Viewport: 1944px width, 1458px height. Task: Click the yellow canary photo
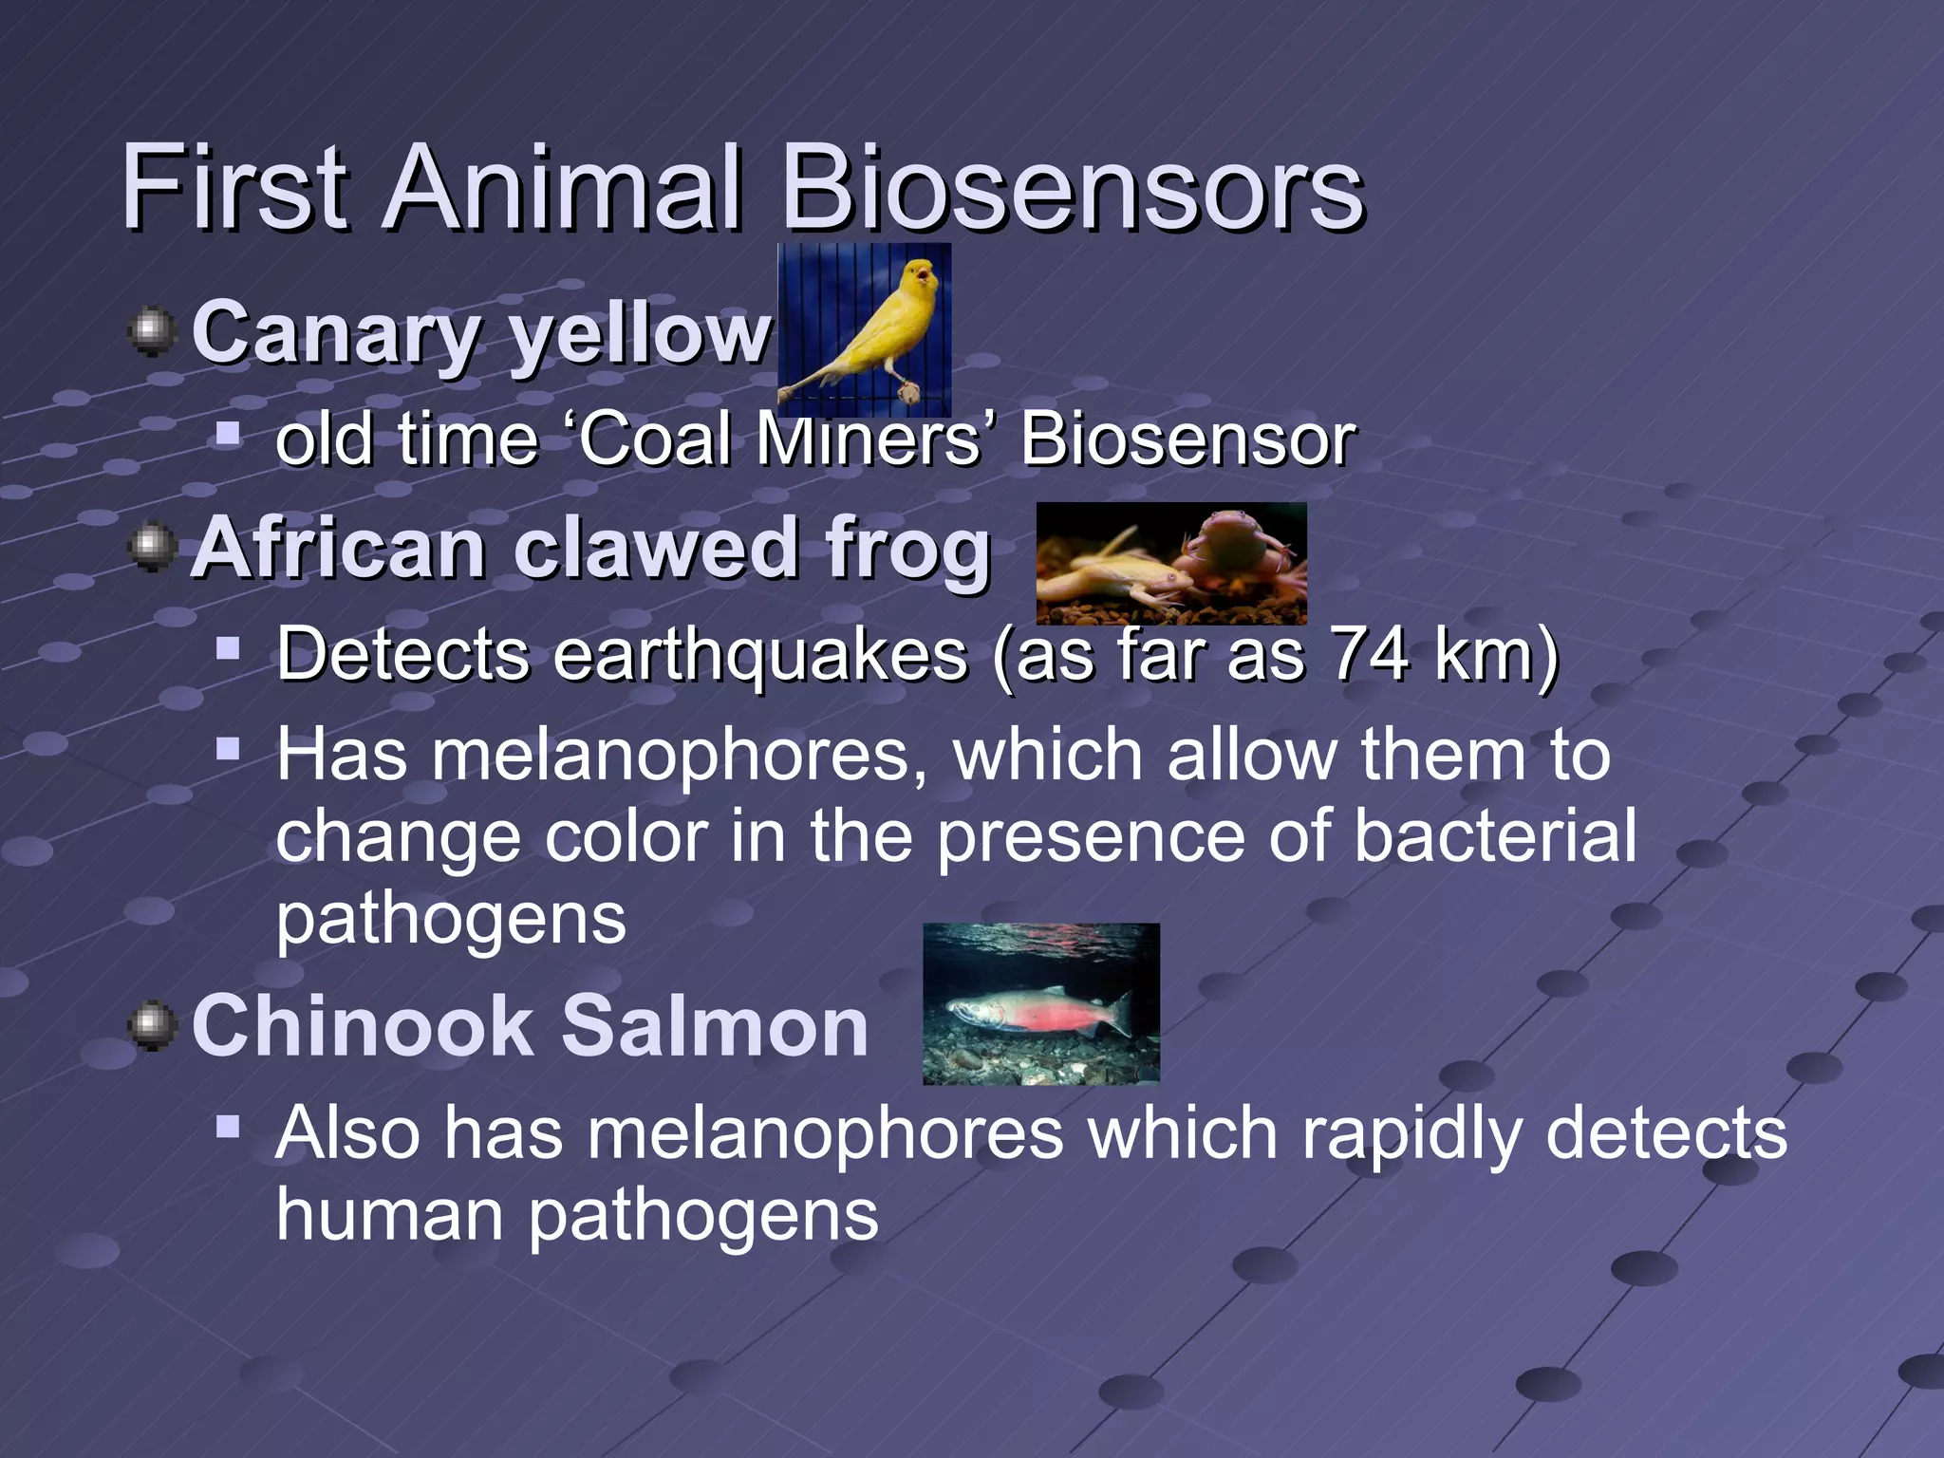(864, 328)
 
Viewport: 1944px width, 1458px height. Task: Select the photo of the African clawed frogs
(1170, 564)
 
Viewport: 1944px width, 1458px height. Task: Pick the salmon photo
(1040, 1003)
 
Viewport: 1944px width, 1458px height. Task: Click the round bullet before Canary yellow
(152, 332)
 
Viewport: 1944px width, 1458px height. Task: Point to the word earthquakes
(759, 655)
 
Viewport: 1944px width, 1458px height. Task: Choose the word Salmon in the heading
(715, 1026)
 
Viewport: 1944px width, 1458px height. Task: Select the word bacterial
(1495, 835)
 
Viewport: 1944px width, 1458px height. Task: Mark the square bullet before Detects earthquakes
(228, 650)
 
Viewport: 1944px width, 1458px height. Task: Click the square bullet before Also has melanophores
(228, 1128)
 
